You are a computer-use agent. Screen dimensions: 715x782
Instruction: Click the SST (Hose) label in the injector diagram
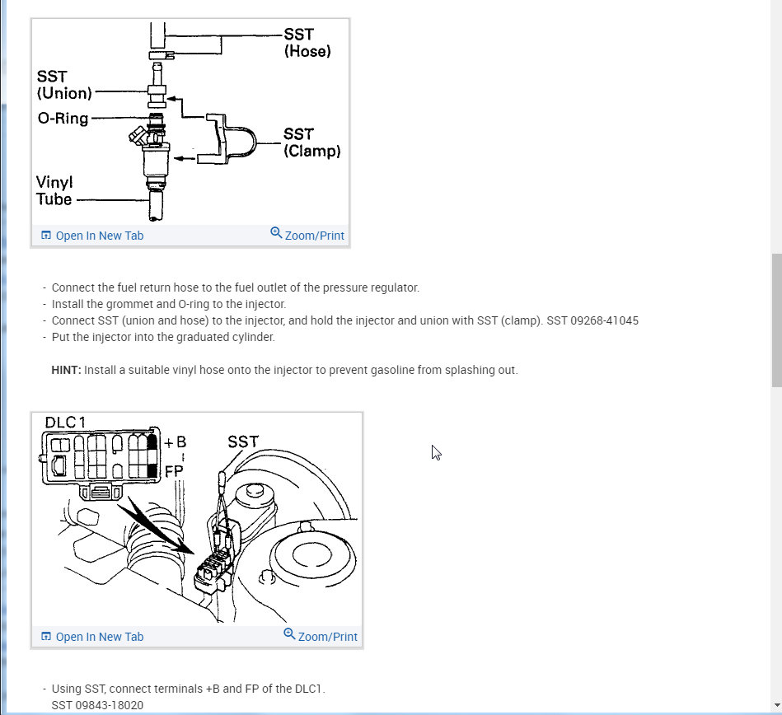[307, 42]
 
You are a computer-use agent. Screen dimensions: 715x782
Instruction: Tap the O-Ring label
[63, 119]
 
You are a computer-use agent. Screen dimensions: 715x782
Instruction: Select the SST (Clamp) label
[311, 143]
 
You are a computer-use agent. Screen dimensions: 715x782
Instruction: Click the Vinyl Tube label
[54, 190]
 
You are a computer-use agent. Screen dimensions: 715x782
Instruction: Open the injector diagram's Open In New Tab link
[92, 236]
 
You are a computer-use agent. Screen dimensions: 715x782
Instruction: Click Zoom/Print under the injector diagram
[307, 236]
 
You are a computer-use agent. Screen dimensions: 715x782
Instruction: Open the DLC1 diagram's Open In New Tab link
[92, 637]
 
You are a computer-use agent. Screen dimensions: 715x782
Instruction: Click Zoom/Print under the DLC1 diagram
[321, 637]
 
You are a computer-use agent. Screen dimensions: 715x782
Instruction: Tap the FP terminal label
[175, 470]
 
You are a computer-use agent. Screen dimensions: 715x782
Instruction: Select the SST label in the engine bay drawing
[243, 442]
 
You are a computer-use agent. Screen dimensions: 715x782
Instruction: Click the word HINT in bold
[66, 370]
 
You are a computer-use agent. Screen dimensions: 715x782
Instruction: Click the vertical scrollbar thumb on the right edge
[776, 320]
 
